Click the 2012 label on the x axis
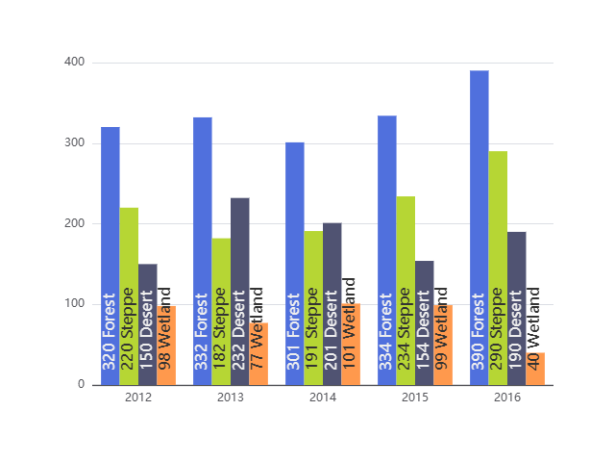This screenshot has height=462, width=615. pos(138,397)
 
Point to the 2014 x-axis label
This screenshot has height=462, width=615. pos(323,397)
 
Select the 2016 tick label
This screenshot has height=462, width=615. pos(507,397)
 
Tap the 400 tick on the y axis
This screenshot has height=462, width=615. pos(75,63)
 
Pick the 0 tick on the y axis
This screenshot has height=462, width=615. pos(82,385)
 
